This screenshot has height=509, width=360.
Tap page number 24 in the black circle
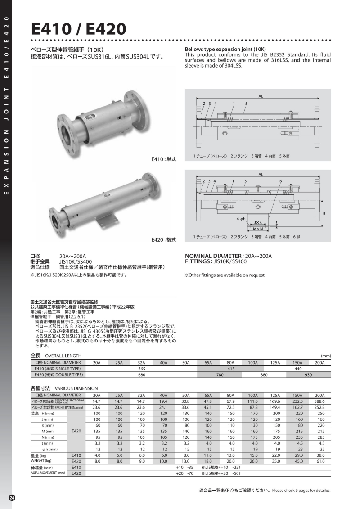pos(12,497)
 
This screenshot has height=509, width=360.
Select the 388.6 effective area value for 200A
pos(320,401)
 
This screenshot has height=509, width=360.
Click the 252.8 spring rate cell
pos(320,407)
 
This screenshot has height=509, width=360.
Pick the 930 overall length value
pos(309,374)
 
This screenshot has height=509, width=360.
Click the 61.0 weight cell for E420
pos(320,461)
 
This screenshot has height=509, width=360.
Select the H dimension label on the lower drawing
pos(324,212)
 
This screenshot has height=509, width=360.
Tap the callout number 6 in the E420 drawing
pos(280,181)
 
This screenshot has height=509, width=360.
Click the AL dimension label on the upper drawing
pos(261,95)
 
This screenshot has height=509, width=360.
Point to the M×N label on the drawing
pos(258,229)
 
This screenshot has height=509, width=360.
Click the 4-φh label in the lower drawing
pos(241,218)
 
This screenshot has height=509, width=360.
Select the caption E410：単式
pos(163,159)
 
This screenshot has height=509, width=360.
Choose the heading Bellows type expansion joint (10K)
pos(225,49)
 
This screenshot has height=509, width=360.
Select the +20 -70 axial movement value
pos(184,473)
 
